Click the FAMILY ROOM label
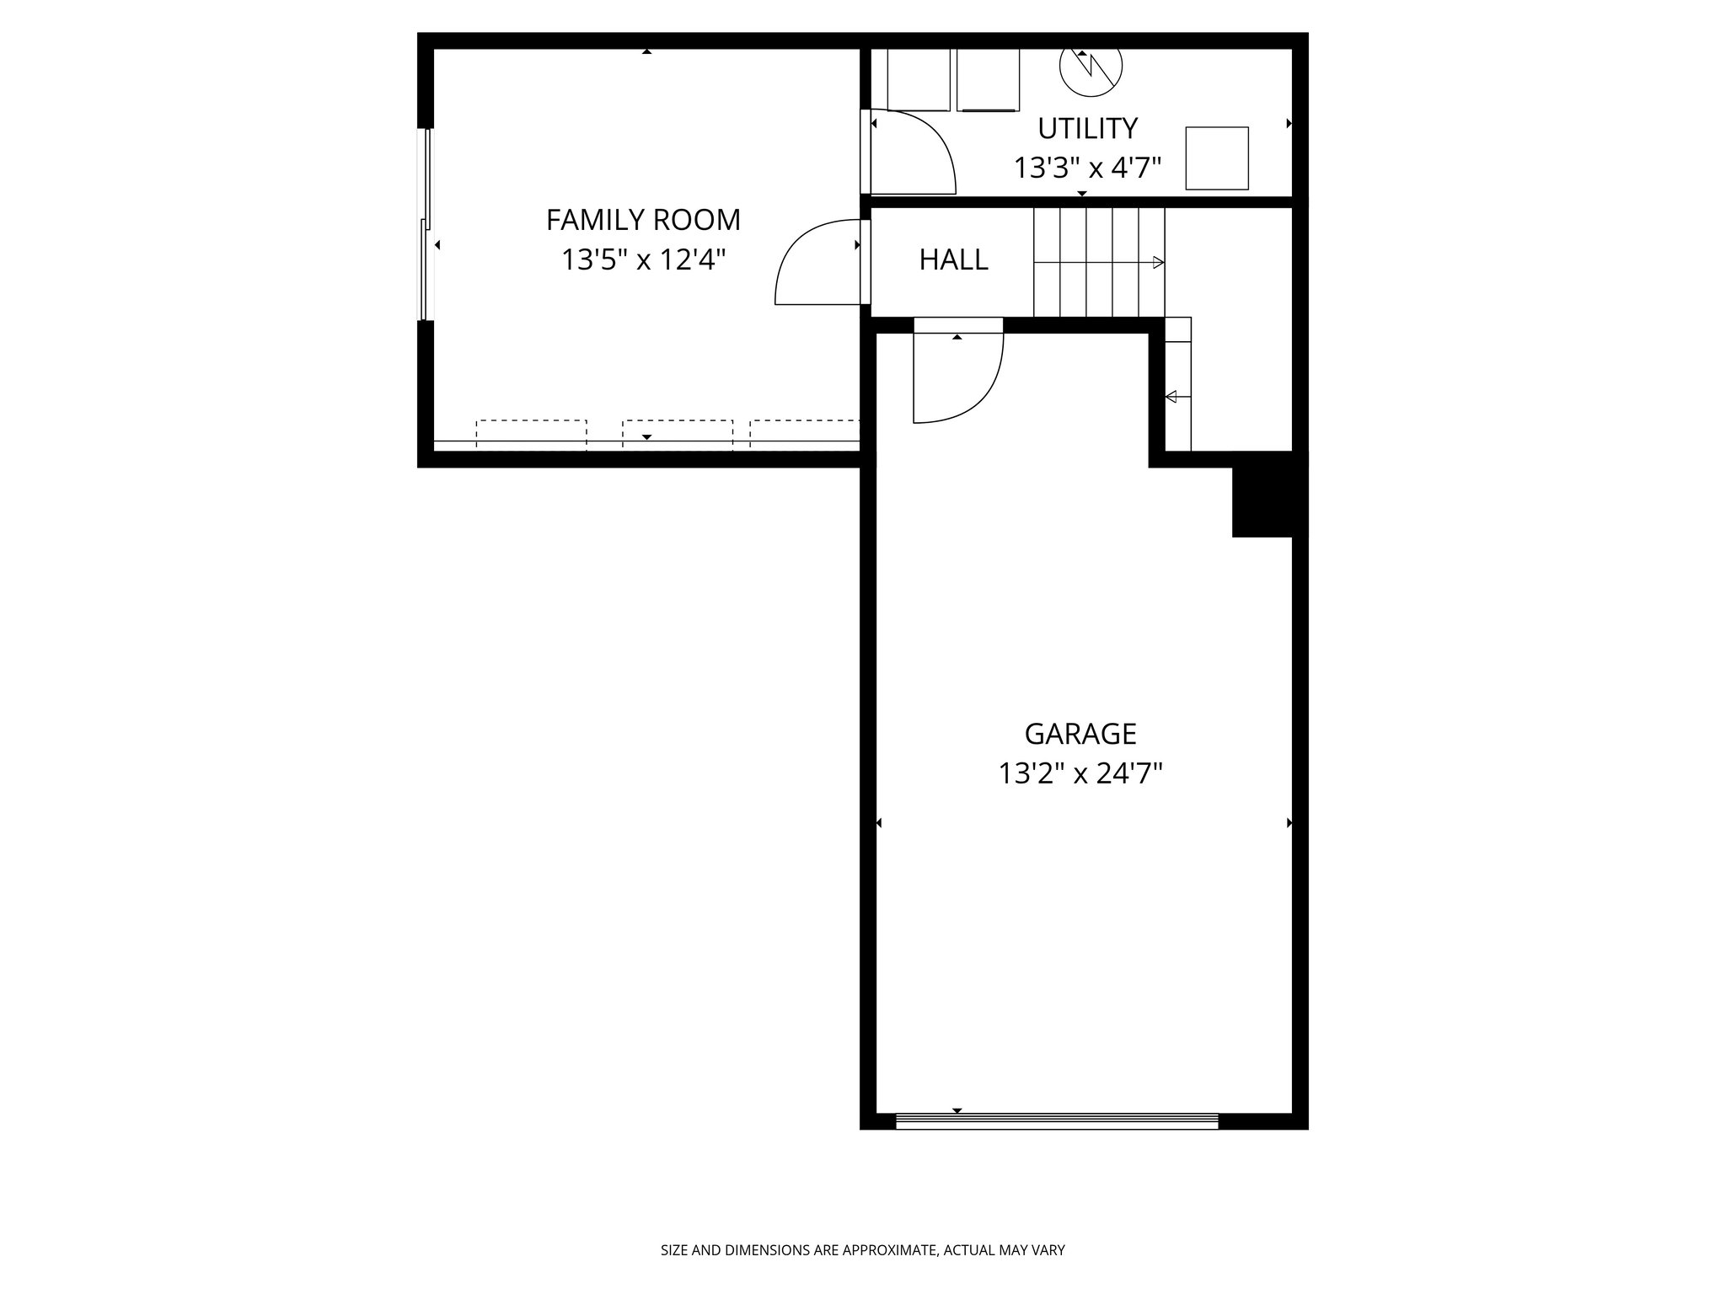point(643,220)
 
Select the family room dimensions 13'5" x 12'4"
point(643,259)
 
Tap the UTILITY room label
point(1087,128)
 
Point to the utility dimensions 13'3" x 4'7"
point(1087,168)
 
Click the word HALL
point(953,259)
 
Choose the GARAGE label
point(1080,734)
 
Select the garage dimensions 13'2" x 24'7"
point(1080,773)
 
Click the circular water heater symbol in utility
point(1091,67)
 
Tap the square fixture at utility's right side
point(1217,158)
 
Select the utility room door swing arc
point(914,152)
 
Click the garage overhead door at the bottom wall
point(1057,1120)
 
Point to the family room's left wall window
point(426,224)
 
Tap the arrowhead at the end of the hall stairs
point(1159,263)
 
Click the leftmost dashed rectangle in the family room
point(531,433)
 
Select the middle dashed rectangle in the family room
point(678,433)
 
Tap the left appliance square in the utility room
point(919,79)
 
